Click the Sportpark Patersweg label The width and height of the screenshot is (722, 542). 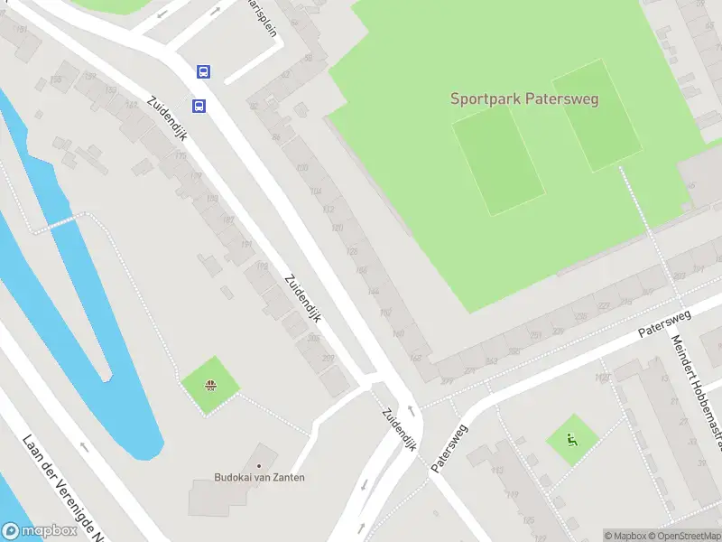coord(524,98)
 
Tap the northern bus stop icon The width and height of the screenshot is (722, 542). coord(205,71)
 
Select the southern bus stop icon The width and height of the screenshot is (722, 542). coord(199,106)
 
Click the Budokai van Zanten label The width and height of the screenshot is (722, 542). coord(259,477)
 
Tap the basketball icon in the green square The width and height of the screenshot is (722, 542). coord(210,387)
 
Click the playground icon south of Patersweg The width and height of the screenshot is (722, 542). coord(571,441)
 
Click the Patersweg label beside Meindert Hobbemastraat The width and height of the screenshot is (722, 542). coord(664,323)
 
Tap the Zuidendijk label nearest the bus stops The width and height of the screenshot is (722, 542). coord(167,118)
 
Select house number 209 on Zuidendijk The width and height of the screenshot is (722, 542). coord(327,359)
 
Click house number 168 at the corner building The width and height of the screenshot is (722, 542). coord(415,358)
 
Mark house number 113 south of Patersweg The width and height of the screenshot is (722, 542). coord(495,471)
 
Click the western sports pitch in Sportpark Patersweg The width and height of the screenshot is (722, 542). coord(498,161)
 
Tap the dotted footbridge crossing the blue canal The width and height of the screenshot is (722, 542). coord(61,221)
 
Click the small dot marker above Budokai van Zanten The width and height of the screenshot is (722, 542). coord(259,465)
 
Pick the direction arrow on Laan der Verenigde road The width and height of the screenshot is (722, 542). coord(84,444)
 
